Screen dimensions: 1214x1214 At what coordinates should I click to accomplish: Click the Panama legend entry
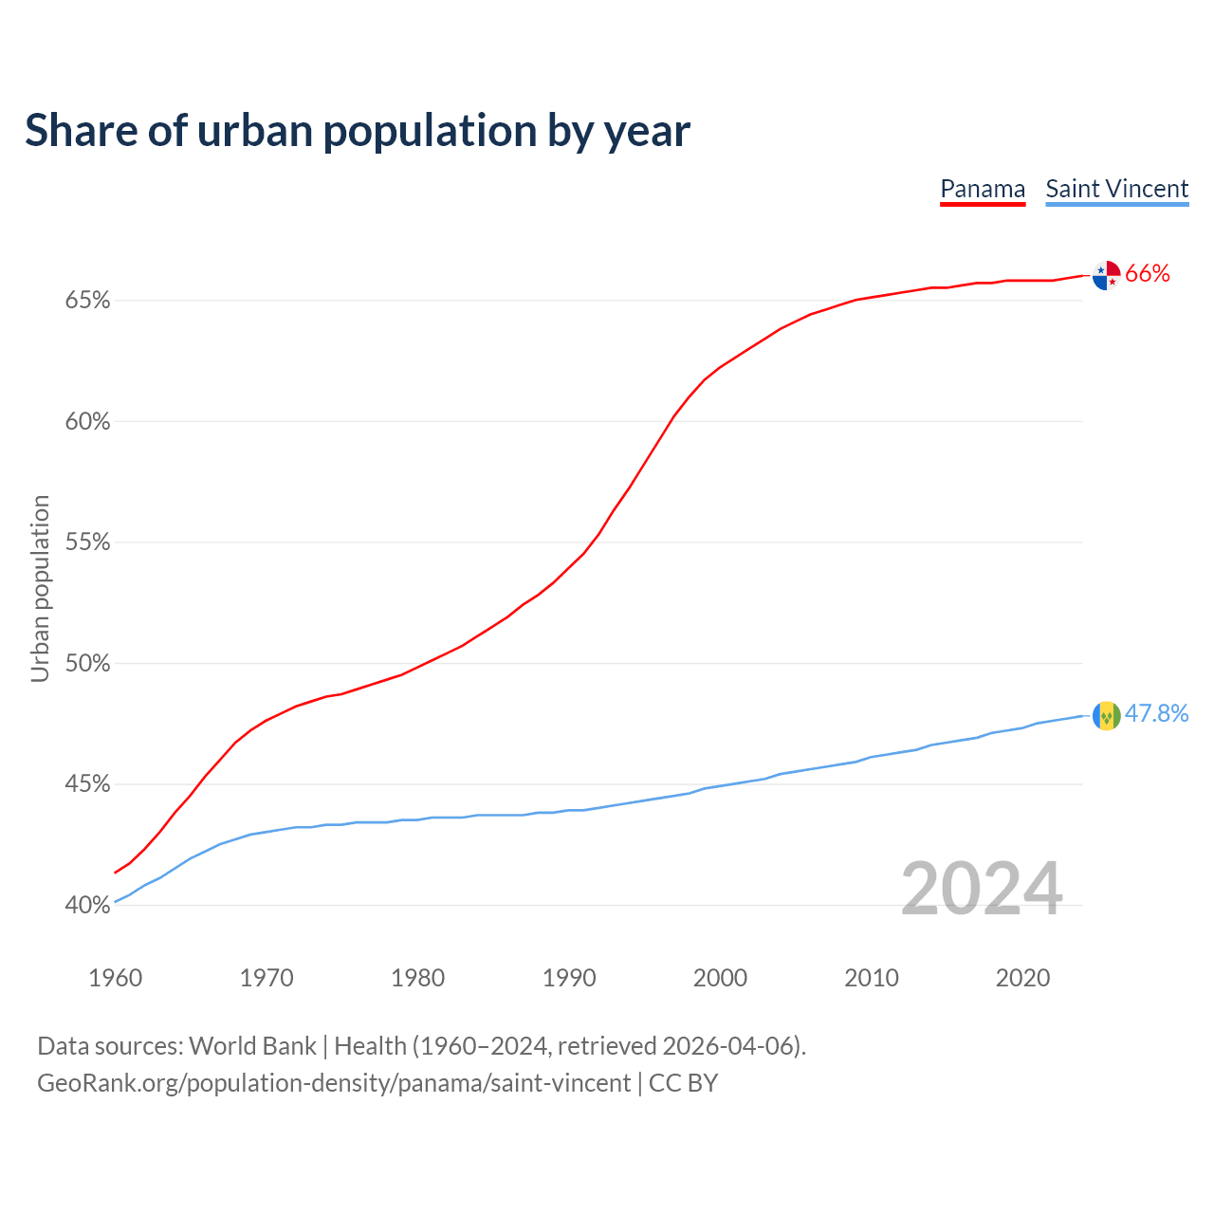[x=983, y=189]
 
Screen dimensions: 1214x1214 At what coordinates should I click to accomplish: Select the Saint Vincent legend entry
[x=1116, y=189]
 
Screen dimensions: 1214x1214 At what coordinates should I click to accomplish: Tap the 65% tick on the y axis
[x=87, y=301]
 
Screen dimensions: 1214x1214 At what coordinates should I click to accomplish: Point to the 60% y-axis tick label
[x=87, y=422]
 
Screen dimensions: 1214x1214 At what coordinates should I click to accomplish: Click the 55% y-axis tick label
[x=87, y=543]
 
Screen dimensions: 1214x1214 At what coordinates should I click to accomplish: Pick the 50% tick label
[x=87, y=664]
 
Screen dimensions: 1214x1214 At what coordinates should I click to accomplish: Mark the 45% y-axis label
[x=87, y=784]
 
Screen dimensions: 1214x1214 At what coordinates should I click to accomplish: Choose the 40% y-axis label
[x=87, y=906]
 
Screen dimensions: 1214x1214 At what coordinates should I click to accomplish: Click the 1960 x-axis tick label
[x=116, y=978]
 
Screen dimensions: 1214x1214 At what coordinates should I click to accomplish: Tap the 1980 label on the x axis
[x=418, y=978]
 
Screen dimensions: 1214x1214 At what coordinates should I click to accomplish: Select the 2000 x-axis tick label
[x=721, y=978]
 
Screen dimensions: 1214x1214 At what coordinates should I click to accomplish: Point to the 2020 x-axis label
[x=1022, y=978]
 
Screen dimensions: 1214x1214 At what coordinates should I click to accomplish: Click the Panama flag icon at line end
[x=1106, y=275]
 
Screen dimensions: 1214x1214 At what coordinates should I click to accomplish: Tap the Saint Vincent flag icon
[x=1106, y=715]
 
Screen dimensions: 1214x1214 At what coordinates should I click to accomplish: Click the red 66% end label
[x=1148, y=274]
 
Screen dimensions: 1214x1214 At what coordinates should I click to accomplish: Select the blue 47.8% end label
[x=1157, y=714]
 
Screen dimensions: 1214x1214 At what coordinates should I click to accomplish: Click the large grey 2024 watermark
[x=982, y=889]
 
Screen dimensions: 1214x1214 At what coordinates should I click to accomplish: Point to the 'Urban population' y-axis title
[x=40, y=588]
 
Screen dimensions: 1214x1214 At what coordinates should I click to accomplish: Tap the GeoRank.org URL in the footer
[x=334, y=1083]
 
